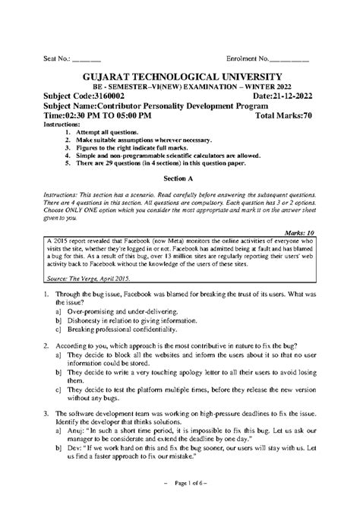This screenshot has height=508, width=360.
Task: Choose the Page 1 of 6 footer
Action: click(x=179, y=484)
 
